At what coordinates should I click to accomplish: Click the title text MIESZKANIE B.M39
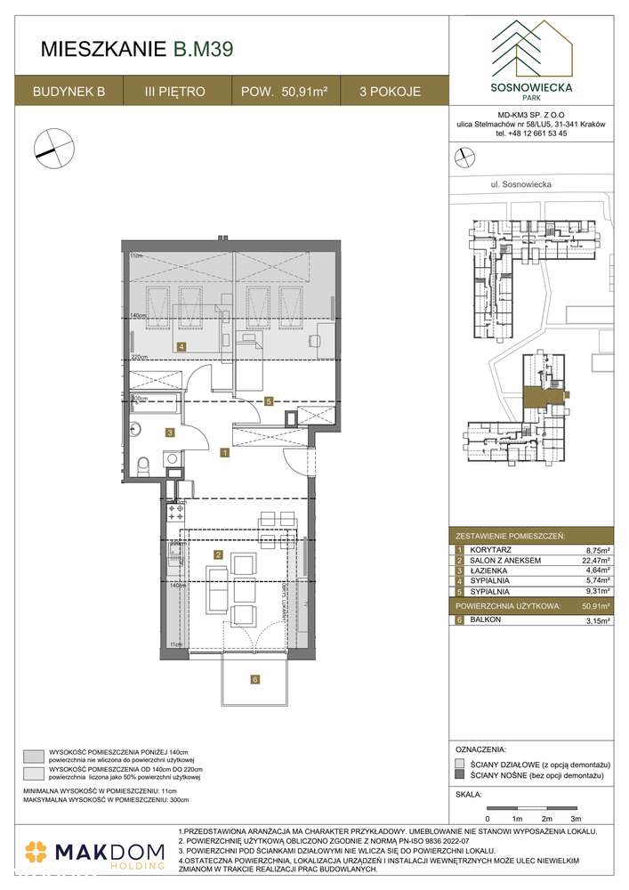pyautogui.click(x=138, y=50)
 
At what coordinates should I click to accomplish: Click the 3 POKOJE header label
pyautogui.click(x=391, y=91)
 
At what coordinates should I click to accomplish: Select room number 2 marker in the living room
pyautogui.click(x=218, y=554)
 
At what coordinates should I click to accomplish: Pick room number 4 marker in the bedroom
pyautogui.click(x=181, y=346)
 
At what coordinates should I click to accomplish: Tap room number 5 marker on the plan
pyautogui.click(x=267, y=401)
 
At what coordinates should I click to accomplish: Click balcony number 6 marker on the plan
pyautogui.click(x=255, y=680)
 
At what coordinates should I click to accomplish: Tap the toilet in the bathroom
pyautogui.click(x=146, y=462)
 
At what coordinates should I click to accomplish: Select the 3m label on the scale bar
pyautogui.click(x=576, y=817)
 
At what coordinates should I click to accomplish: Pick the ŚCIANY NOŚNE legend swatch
pyautogui.click(x=459, y=776)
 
